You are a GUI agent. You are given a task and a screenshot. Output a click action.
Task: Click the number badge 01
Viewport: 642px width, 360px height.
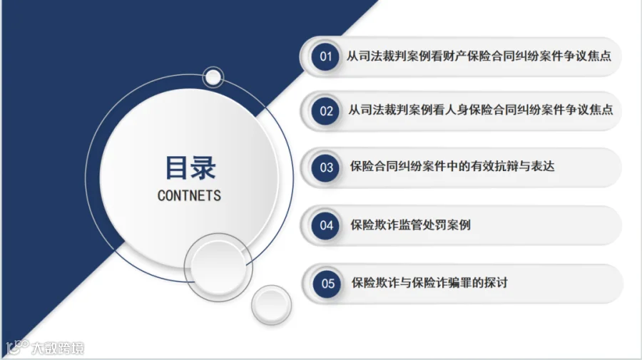tap(325, 57)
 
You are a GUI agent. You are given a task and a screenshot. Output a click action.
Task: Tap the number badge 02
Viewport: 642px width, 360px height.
tap(325, 111)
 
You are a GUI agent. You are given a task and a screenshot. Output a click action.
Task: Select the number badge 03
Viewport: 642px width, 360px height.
tap(326, 168)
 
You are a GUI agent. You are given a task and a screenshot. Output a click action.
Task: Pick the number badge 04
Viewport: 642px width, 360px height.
tap(326, 225)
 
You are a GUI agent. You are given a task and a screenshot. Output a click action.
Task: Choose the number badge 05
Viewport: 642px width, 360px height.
tap(327, 284)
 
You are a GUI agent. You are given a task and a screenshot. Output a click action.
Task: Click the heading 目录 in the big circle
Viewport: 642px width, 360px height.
tap(190, 168)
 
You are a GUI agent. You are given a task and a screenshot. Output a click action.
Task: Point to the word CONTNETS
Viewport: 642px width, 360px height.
tap(189, 195)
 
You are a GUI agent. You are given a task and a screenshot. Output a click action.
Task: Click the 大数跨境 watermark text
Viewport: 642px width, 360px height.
tap(58, 348)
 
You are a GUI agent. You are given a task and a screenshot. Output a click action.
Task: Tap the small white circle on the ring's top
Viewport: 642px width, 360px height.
tap(213, 77)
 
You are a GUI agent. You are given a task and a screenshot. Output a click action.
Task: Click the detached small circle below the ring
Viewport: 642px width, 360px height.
tap(272, 305)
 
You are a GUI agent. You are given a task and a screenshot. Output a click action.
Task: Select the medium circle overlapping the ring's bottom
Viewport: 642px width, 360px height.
tap(218, 267)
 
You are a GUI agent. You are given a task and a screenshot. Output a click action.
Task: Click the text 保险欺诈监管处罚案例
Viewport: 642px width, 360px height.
tap(410, 225)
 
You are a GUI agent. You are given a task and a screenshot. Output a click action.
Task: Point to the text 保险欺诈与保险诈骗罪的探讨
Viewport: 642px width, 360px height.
tap(429, 283)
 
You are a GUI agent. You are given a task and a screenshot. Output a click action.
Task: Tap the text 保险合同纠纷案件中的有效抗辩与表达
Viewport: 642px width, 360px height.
tap(452, 167)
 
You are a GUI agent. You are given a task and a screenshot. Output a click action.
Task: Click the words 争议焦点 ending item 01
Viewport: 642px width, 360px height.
tap(587, 56)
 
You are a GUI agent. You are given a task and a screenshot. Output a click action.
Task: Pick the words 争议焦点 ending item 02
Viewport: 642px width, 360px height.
tap(588, 110)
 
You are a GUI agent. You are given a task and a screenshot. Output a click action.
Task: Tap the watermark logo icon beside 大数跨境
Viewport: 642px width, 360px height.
tap(17, 347)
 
